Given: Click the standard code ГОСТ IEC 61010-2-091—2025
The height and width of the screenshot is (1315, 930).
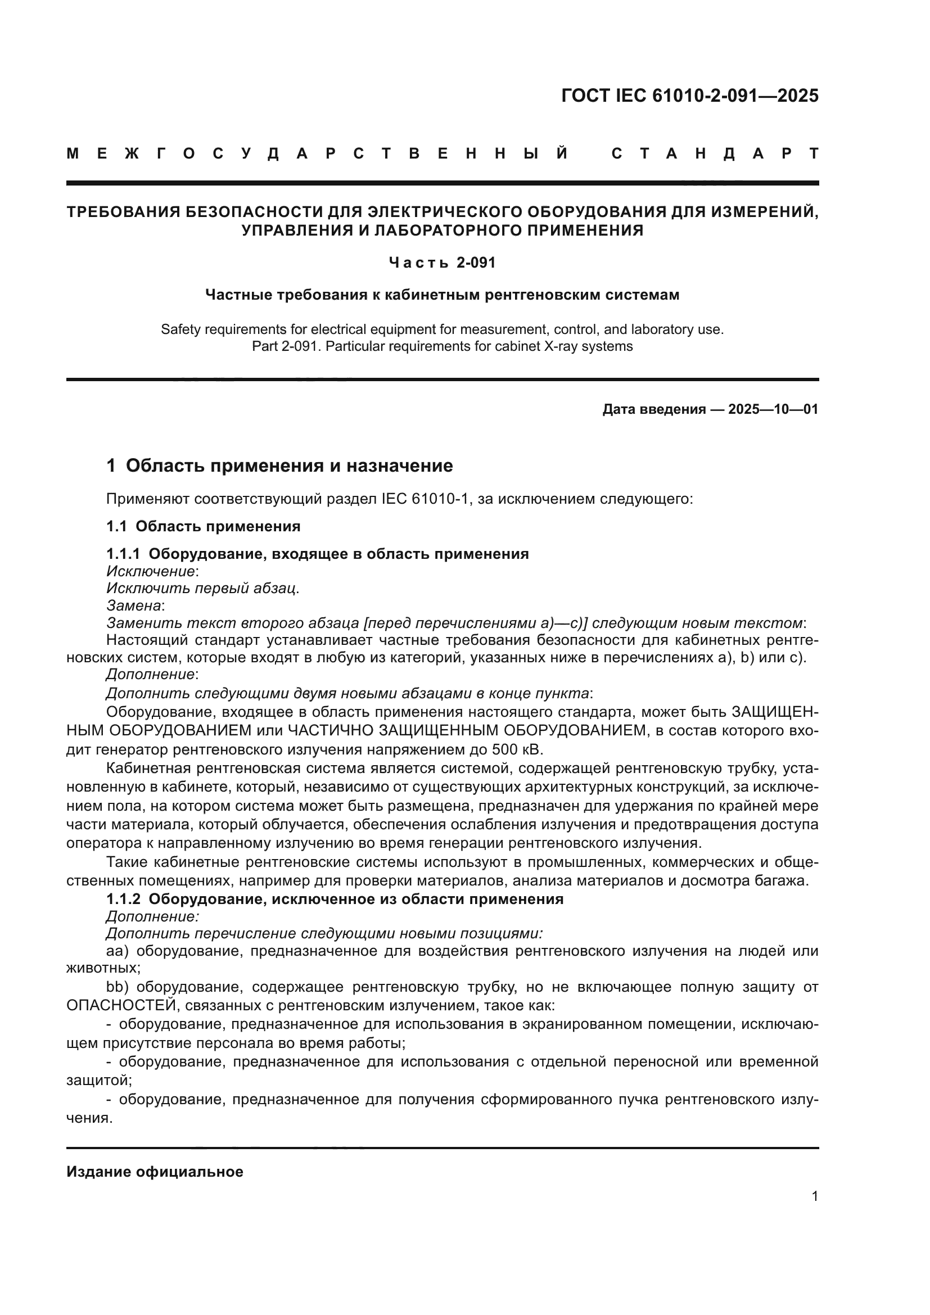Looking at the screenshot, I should click(x=689, y=96).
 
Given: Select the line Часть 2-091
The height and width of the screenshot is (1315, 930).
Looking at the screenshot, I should click(x=441, y=263).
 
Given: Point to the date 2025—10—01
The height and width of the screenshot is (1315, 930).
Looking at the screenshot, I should click(x=773, y=409).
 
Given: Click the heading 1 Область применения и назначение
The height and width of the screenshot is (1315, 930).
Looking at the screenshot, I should click(x=279, y=466).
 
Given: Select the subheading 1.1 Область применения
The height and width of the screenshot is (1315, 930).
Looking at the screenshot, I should click(x=204, y=526).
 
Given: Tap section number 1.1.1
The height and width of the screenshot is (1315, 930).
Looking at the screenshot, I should click(x=123, y=554).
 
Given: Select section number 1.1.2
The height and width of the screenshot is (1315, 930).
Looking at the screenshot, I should click(x=123, y=898).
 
